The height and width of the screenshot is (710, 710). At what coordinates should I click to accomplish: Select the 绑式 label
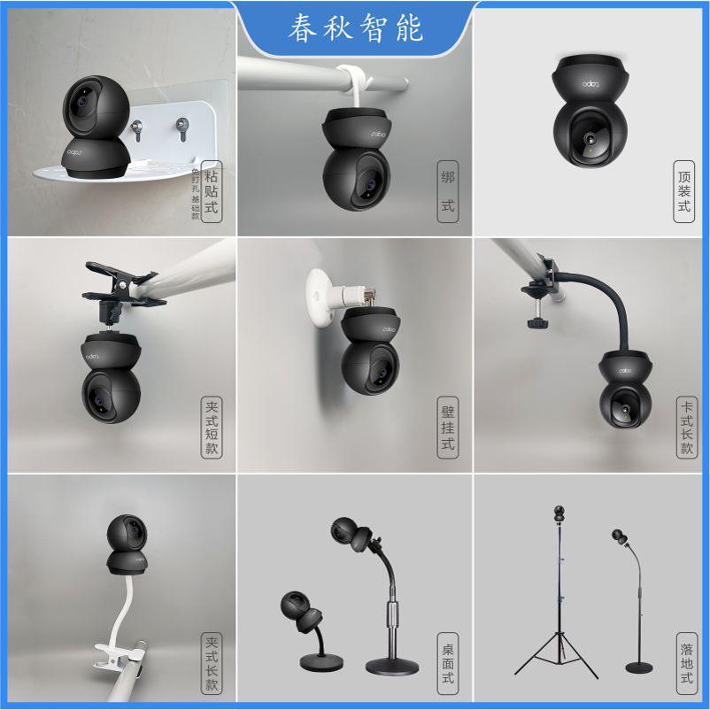click(447, 189)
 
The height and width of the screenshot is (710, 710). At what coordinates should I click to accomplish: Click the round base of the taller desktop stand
click(389, 667)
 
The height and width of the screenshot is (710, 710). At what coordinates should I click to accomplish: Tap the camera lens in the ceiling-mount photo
click(587, 139)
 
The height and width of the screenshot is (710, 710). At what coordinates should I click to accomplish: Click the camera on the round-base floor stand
click(620, 537)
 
